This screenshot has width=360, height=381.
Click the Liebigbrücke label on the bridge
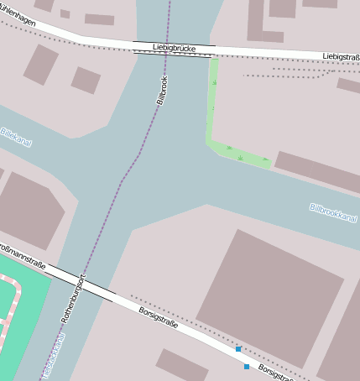click(175, 49)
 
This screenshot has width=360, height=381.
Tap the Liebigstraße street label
click(341, 56)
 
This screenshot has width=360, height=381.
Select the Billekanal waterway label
click(16, 137)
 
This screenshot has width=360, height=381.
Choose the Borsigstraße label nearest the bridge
click(158, 318)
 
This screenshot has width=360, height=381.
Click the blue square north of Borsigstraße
click(238, 349)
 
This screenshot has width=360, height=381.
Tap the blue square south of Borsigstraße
click(247, 367)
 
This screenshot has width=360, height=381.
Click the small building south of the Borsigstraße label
click(181, 364)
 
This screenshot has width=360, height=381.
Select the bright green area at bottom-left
click(20, 311)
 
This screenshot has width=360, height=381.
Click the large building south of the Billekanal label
click(29, 210)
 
